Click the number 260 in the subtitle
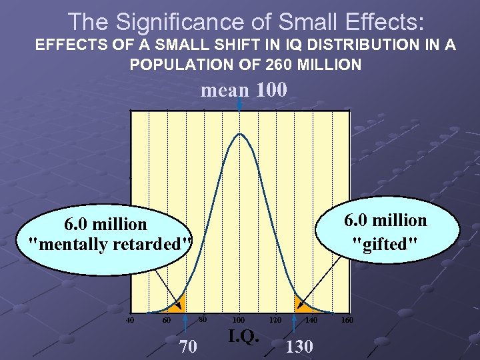289,65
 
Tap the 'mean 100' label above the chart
244,89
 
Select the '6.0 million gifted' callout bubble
385,232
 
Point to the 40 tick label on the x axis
131,321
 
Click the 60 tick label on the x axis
167,321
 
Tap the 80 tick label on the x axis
203,319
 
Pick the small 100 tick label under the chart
238,321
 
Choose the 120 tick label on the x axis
274,321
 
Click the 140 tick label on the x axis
311,321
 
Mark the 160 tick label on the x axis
347,321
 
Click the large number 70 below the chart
189,346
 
